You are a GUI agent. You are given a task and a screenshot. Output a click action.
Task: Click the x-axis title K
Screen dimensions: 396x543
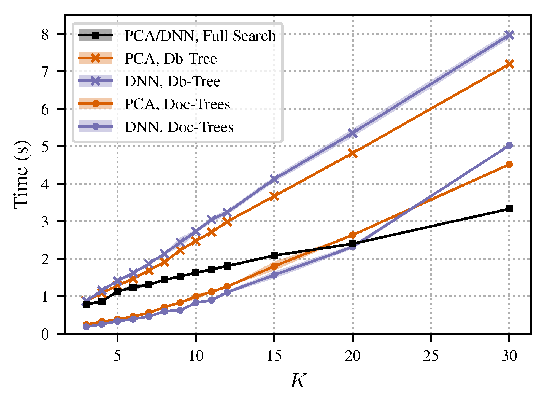[x=298, y=381]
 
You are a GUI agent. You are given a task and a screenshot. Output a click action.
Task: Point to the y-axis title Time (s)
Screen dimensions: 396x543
[x=21, y=175]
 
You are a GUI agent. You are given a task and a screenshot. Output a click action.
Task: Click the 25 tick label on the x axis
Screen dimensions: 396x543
[x=431, y=356]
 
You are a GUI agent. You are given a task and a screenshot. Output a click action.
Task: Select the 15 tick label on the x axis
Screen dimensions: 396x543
[x=274, y=356]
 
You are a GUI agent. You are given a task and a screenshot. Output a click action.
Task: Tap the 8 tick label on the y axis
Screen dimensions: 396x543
[x=45, y=34]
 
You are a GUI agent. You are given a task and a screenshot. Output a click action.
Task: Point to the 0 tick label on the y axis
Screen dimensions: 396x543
[x=45, y=334]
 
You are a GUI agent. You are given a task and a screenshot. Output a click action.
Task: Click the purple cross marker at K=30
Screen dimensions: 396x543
[x=509, y=35]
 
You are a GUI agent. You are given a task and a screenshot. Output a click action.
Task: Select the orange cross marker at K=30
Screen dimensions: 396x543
[x=509, y=64]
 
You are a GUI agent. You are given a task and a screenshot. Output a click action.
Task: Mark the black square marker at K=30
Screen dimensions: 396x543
[x=509, y=209]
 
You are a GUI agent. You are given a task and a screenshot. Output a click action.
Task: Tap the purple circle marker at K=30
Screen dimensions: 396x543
[x=509, y=145]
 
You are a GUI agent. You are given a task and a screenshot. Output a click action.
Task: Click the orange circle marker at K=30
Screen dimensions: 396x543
[x=509, y=164]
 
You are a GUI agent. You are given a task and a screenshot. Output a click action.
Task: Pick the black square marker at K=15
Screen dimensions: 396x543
[x=274, y=255]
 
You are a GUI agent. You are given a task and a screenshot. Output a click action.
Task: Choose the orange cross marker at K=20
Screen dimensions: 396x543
[x=353, y=153]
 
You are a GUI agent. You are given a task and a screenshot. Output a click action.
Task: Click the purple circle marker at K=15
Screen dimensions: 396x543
[x=274, y=275]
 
